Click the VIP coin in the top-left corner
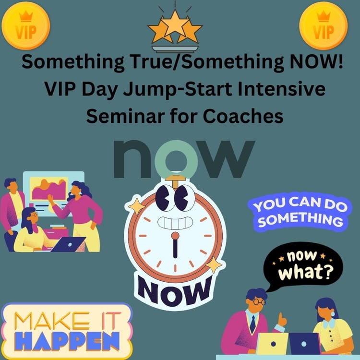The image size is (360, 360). pos(26,25)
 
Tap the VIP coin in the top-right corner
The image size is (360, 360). pos(323,25)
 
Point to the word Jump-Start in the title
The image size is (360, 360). pos(178,89)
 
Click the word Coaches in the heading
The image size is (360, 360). pos(243,116)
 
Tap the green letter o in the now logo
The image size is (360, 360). pos(176,159)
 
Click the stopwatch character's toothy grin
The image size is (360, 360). pos(175,223)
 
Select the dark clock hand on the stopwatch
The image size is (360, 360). pos(175,248)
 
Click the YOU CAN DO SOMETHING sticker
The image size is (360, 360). pos(300,212)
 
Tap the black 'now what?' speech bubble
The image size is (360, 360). pos(302,267)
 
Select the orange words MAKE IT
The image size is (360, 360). pos(67,321)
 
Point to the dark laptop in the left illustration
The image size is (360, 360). pos(69,244)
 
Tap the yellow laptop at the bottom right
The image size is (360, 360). pos(272,344)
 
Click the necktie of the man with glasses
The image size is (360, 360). pos(252,324)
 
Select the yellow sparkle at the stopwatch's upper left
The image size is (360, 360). pos(137,206)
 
